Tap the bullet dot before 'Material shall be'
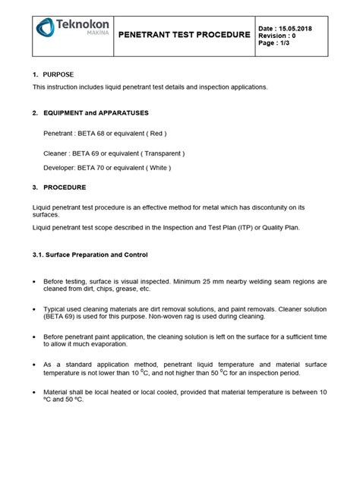point(36,392)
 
